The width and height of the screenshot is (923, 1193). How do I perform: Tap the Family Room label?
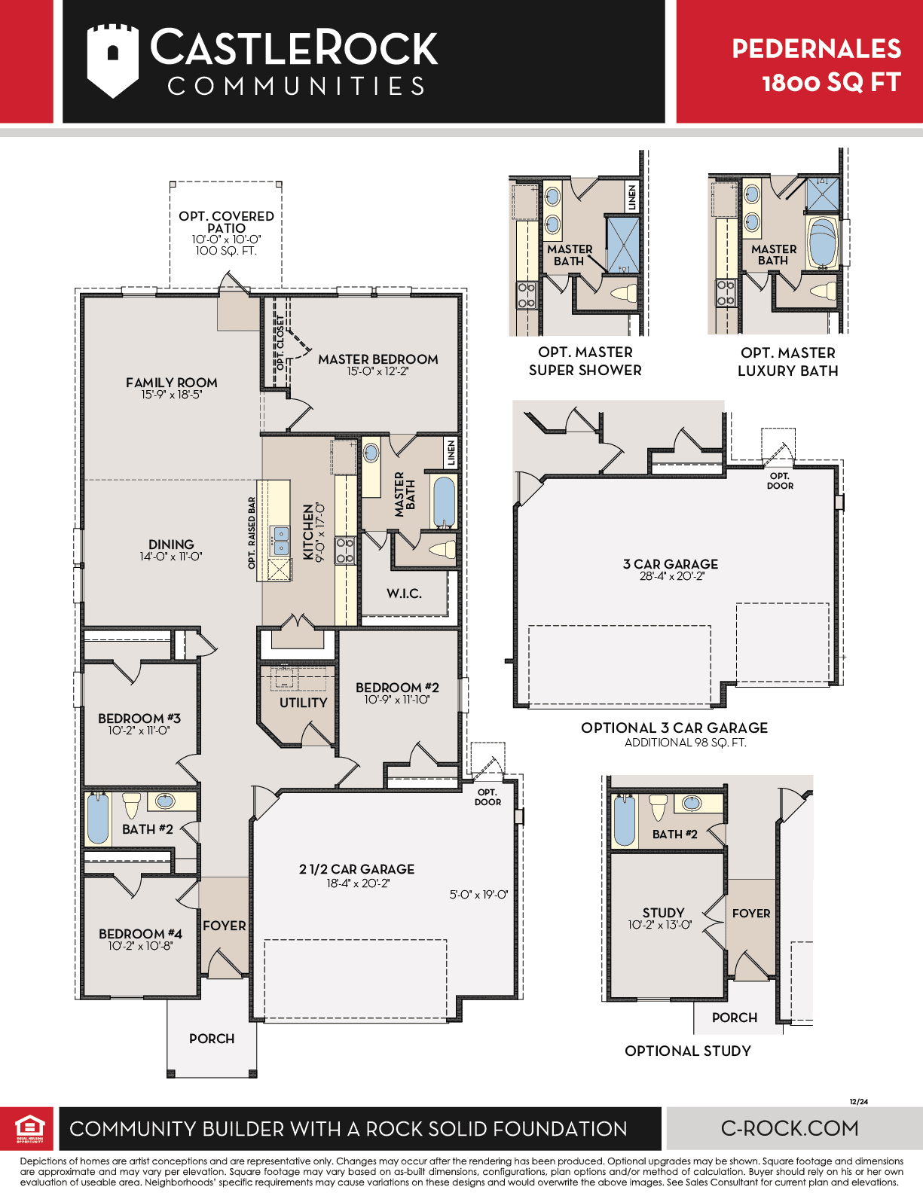coord(171,382)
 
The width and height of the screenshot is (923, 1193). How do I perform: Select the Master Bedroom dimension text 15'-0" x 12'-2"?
coord(377,371)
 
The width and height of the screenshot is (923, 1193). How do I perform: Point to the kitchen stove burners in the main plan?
coord(345,551)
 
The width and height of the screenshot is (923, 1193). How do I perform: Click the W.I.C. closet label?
coord(404,593)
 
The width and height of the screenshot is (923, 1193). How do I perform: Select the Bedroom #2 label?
coord(397,688)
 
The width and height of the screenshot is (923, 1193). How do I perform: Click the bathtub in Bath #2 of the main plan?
coord(98,819)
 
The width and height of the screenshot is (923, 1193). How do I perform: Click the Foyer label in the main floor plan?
coord(224,926)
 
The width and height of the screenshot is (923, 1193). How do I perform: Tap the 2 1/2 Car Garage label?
coord(356,869)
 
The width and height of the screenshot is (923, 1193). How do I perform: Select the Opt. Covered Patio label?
coord(226,221)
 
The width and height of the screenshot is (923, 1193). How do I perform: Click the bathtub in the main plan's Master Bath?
coord(444,502)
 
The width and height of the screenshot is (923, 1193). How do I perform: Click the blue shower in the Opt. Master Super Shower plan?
coord(622,245)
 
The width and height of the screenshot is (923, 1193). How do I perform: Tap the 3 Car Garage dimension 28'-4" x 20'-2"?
coord(671,576)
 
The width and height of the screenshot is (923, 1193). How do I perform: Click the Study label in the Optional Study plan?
coord(663,913)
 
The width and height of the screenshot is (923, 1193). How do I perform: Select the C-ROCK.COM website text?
coord(790,1128)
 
